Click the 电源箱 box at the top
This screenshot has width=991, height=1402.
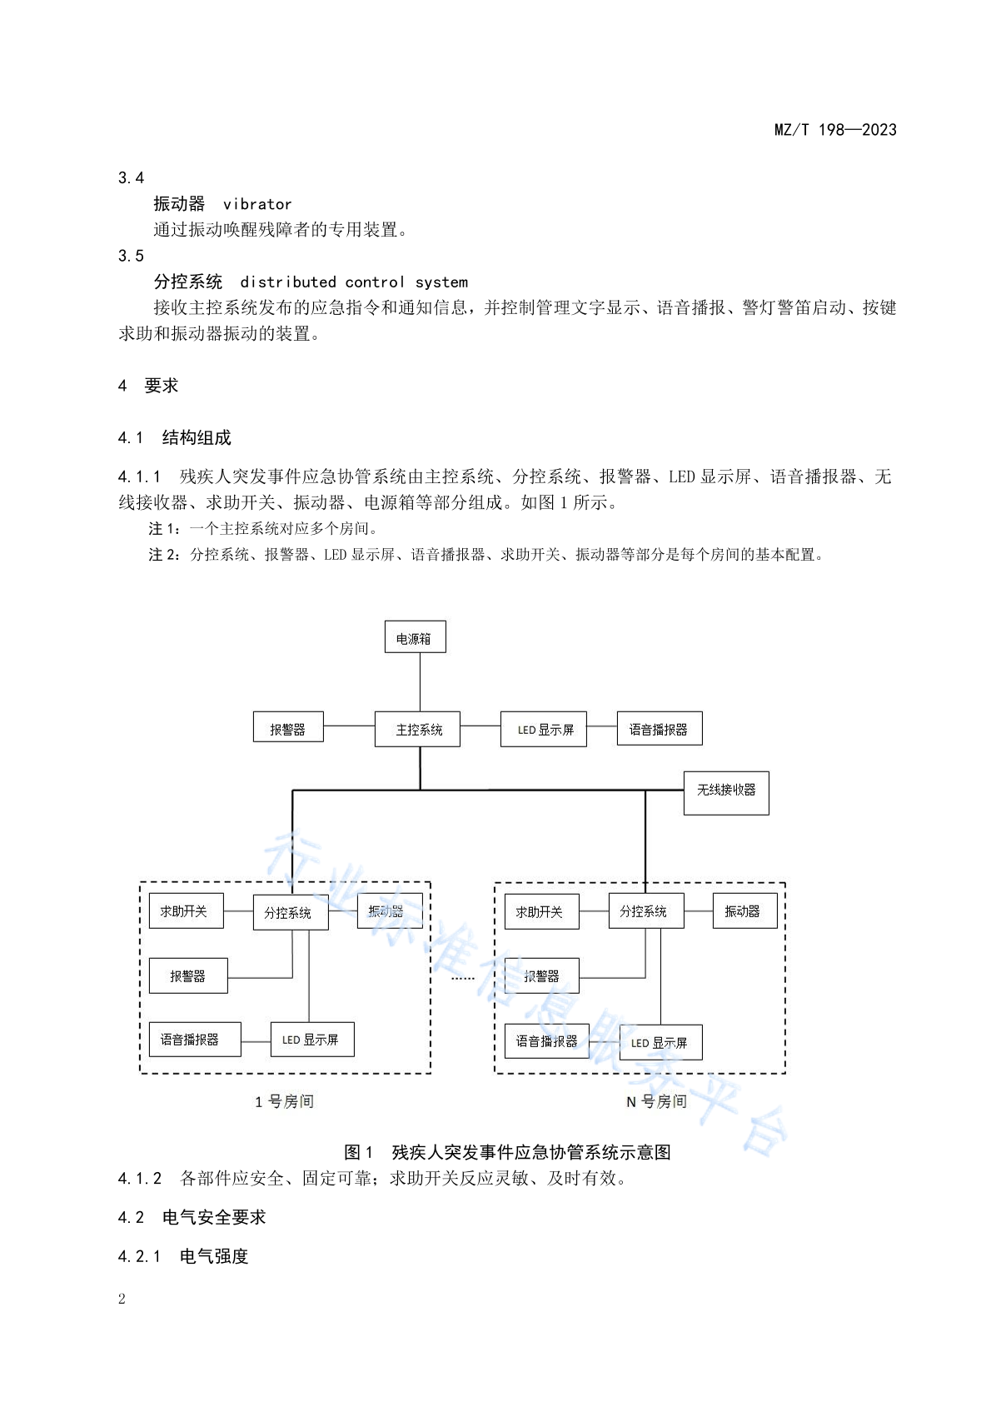pos(415,636)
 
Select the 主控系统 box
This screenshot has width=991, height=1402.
pos(417,729)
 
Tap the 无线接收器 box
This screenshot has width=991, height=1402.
pos(725,792)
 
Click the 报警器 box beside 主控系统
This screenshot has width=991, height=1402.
pos(288,726)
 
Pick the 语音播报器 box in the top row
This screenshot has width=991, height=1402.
pos(660,728)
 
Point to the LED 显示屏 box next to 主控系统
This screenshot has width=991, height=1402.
pos(543,729)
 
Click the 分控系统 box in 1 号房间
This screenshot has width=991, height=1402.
pos(291,912)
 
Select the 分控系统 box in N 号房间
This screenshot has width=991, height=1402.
pos(645,910)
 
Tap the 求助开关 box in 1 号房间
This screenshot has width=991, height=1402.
pos(186,910)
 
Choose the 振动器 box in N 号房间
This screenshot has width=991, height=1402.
pos(744,910)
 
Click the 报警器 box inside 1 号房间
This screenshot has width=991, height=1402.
pos(187,975)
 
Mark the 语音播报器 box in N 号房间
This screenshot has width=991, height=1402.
pos(546,1040)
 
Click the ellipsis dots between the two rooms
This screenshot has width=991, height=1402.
pos(462,978)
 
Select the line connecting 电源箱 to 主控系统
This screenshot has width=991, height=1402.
pos(420,681)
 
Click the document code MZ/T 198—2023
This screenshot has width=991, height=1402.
pos(835,130)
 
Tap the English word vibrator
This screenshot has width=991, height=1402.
pos(257,204)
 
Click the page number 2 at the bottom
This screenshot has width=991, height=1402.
pos(122,1298)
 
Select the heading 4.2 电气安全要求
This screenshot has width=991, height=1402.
pos(192,1217)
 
